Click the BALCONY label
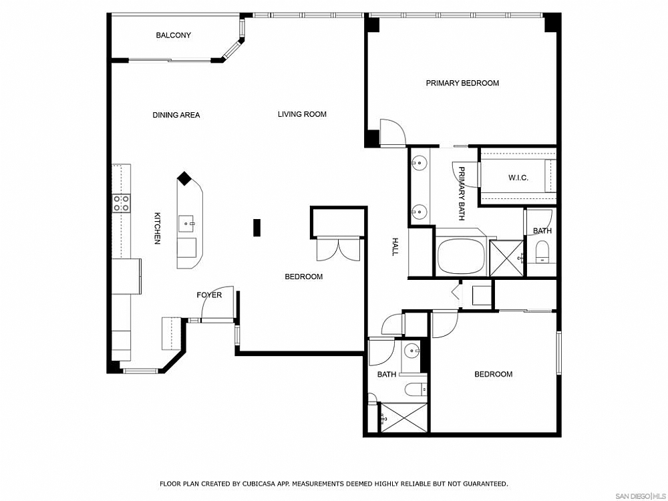pos(173,35)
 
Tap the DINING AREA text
pos(176,115)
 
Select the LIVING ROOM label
pos(302,114)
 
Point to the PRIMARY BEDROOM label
pos(462,83)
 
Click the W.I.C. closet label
pos(518,178)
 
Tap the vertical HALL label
pos(395,246)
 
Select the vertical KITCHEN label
pos(158,228)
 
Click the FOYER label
pos(208,295)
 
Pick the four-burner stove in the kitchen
pos(121,203)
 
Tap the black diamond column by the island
pos(184,179)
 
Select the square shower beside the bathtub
pos(505,257)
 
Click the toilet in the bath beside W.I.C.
pos(542,252)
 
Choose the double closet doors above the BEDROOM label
pos(339,248)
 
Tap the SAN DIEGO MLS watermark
pos(639,496)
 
